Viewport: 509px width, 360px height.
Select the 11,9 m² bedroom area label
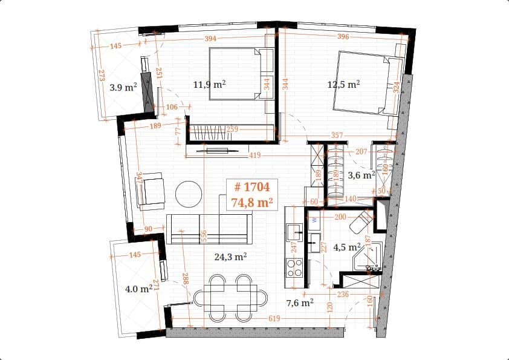(209, 85)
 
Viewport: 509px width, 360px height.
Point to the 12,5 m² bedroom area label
(343, 85)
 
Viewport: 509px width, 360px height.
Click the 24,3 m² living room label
(230, 257)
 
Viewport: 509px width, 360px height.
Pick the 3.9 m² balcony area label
(123, 87)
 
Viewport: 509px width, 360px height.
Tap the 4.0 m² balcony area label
(138, 289)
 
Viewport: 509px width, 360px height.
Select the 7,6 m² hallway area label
(299, 302)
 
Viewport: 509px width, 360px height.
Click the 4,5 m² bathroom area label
(348, 246)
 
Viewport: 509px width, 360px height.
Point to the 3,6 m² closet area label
(362, 175)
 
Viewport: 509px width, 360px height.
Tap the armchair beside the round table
(151, 191)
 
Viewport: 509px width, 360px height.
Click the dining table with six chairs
(230, 298)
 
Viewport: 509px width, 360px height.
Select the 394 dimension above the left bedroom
(210, 39)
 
